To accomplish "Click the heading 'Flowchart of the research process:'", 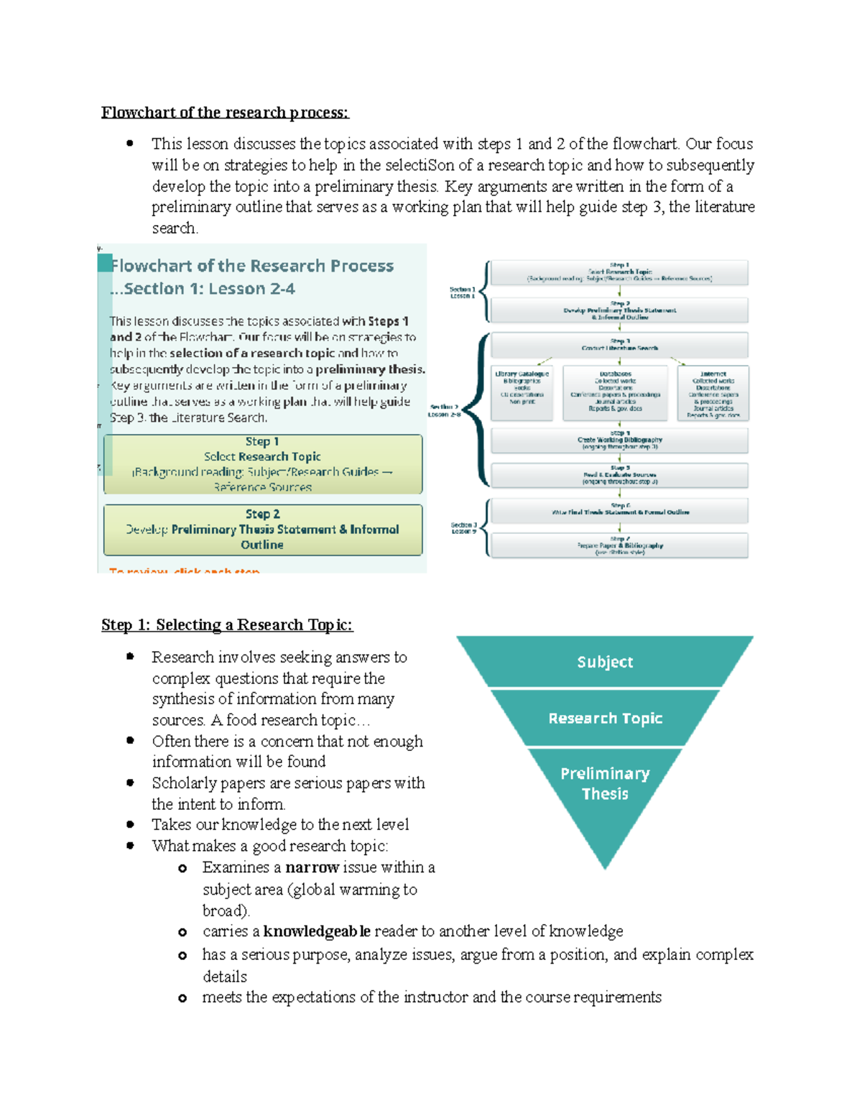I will pos(224,113).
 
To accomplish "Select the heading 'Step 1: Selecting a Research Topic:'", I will pos(227,625).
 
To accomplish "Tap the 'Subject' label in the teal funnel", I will pos(605,662).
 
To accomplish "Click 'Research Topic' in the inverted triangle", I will pos(605,718).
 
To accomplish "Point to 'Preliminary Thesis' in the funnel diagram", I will pos(605,783).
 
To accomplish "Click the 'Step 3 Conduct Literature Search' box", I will pos(619,345).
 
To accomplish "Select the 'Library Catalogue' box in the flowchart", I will pos(522,392).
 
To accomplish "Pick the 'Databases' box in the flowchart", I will pos(616,392).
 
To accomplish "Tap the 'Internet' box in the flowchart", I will pos(713,393).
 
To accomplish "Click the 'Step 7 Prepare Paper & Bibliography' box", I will pos(619,545).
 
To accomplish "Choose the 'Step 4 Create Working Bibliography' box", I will pos(619,441).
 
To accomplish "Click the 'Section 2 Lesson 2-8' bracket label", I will pos(445,410).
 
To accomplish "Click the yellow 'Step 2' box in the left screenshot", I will pos(263,530).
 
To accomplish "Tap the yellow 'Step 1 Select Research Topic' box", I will pos(263,464).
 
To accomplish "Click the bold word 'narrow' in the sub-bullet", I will pos(312,867).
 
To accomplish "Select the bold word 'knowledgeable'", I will pos(317,931).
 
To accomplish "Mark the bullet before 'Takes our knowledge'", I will pos(130,824).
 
